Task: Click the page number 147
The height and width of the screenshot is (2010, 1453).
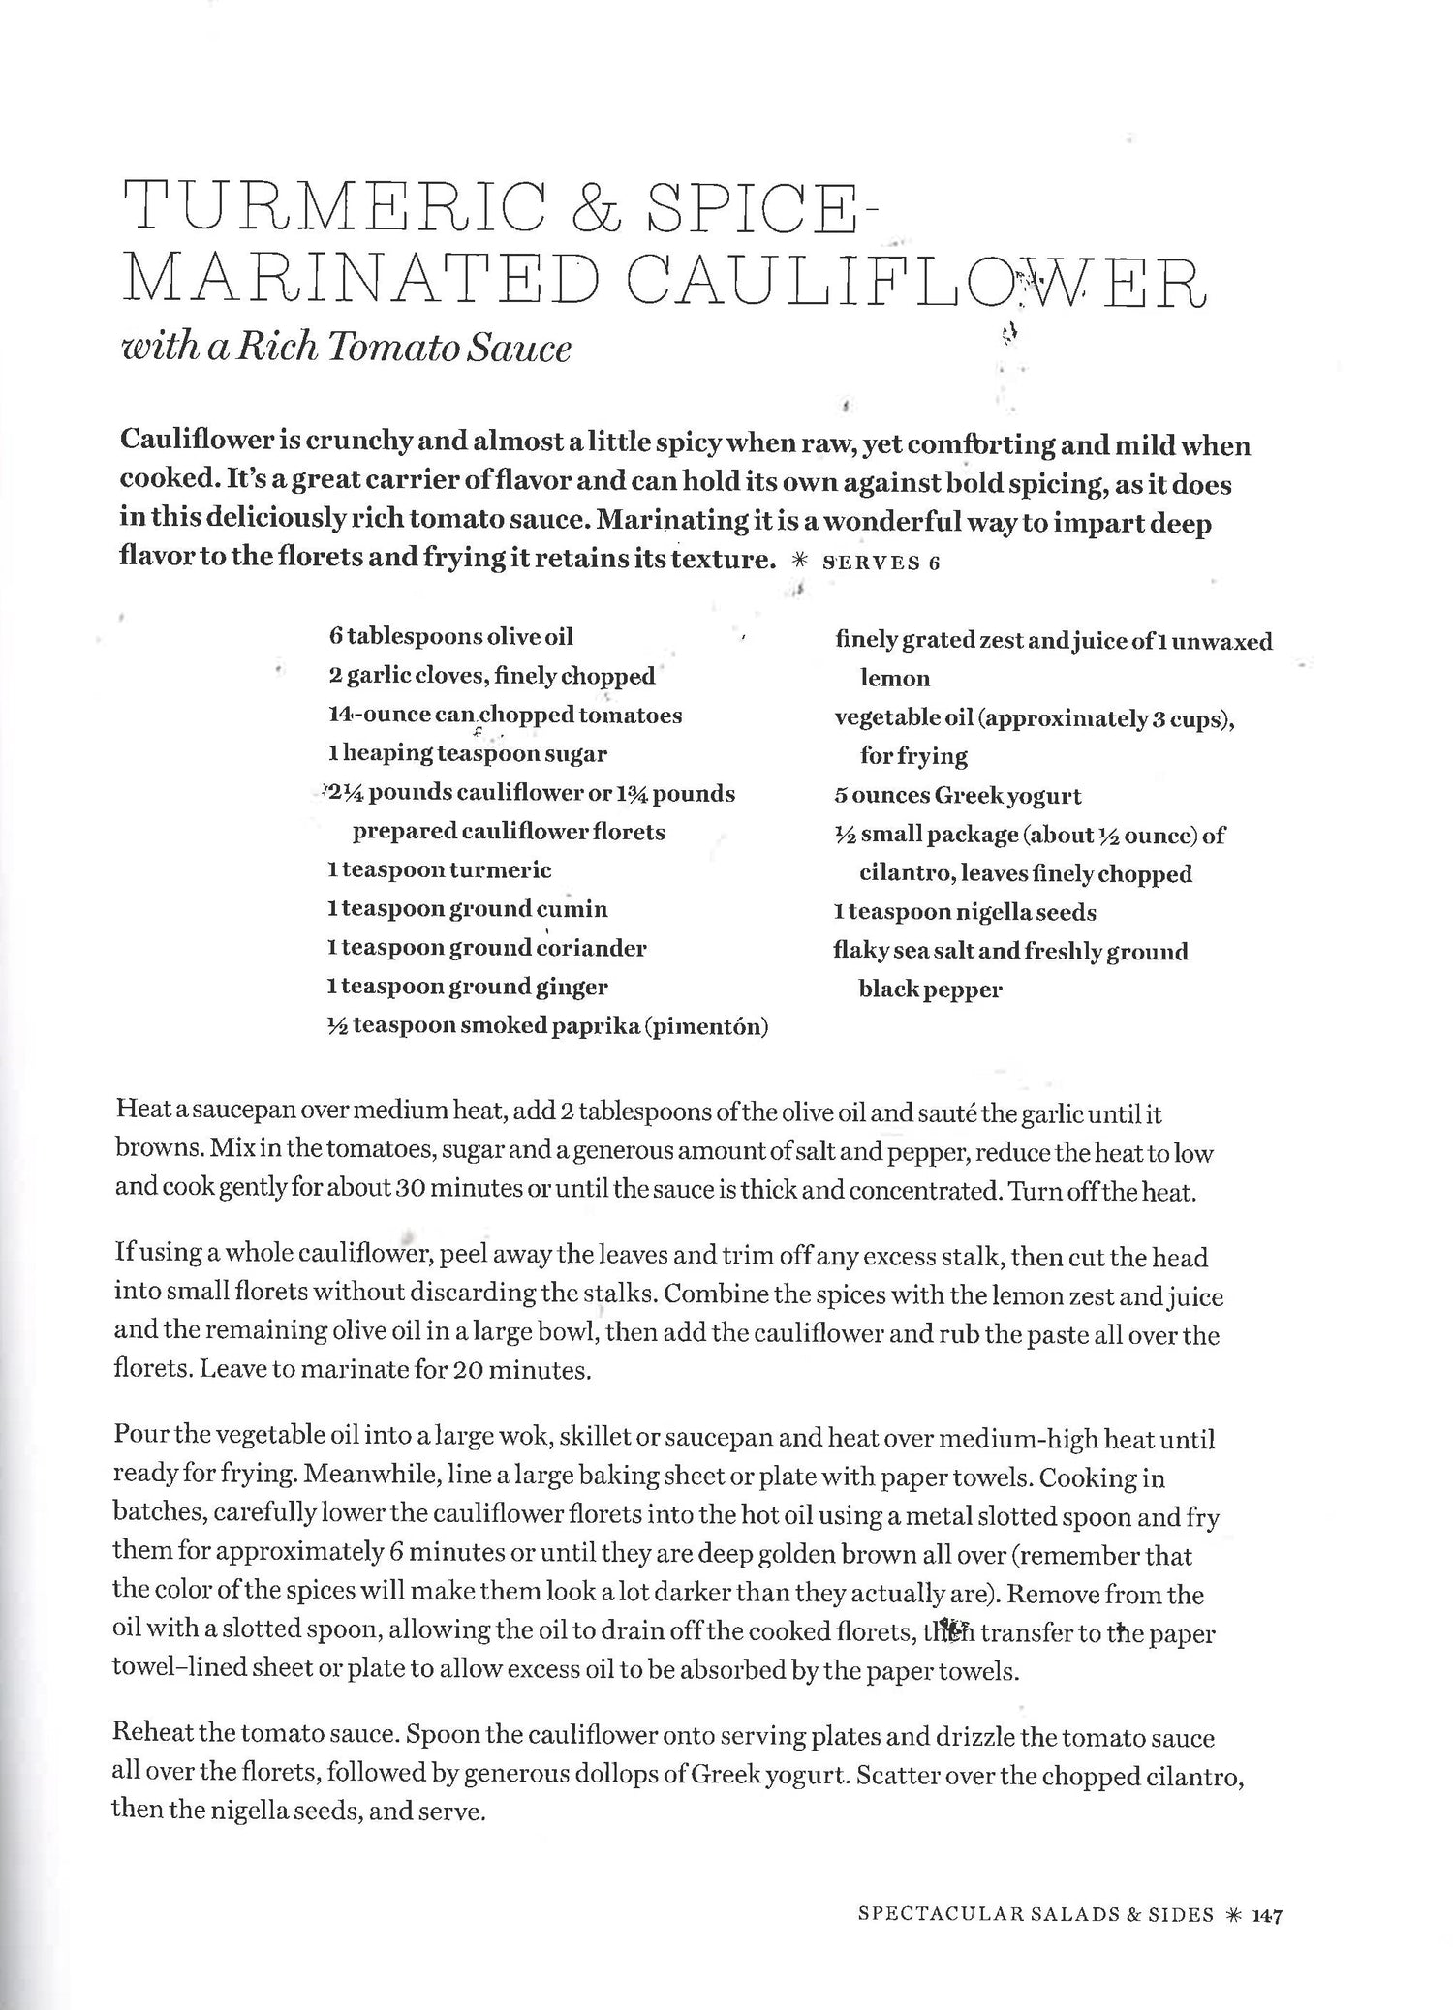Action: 1267,1915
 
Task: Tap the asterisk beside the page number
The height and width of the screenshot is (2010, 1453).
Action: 1233,1915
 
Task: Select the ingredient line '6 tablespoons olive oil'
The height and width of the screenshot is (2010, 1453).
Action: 450,636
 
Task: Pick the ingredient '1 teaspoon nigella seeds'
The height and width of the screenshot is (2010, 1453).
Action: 965,912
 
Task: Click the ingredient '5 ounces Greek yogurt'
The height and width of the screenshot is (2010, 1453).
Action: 957,796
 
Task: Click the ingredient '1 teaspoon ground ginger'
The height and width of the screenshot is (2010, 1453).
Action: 467,987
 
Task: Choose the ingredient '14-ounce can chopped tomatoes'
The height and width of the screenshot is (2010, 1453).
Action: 505,715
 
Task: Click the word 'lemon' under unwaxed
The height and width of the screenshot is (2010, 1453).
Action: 894,679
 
